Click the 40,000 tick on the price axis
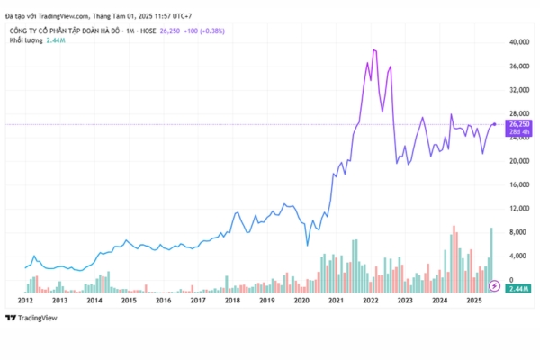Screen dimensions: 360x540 [x=517, y=42]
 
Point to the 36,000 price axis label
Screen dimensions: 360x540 [x=517, y=67]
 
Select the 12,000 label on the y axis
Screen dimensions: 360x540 [x=517, y=209]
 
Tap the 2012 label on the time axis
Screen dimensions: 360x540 [x=25, y=299]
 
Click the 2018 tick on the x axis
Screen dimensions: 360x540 [x=232, y=299]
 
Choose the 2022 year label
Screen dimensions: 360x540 [x=370, y=299]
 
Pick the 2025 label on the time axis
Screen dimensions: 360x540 [x=473, y=299]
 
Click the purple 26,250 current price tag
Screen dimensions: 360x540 [x=519, y=124]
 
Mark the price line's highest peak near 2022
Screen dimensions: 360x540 [x=373, y=50]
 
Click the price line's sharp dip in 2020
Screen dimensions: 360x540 [x=308, y=245]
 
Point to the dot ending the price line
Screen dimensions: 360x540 [x=495, y=123]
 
